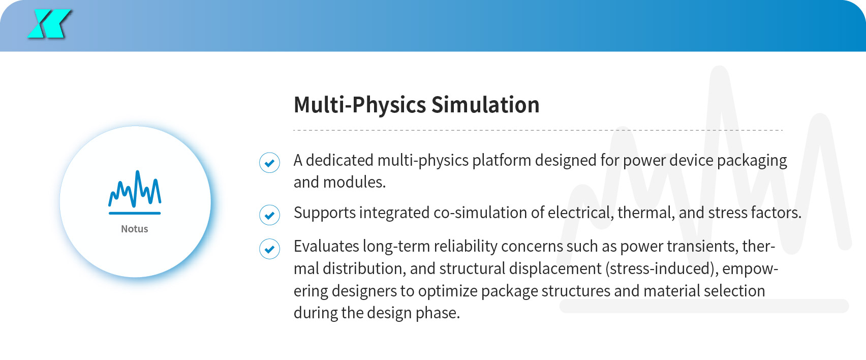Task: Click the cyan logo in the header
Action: point(49,24)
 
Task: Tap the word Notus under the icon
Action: point(135,229)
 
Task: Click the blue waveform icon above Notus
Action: point(135,189)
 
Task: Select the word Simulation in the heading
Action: point(485,105)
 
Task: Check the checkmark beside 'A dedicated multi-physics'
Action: point(269,162)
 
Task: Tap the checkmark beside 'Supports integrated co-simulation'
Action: point(269,215)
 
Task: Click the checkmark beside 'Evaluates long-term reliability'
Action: point(269,249)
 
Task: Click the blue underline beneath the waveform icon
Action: point(135,213)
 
